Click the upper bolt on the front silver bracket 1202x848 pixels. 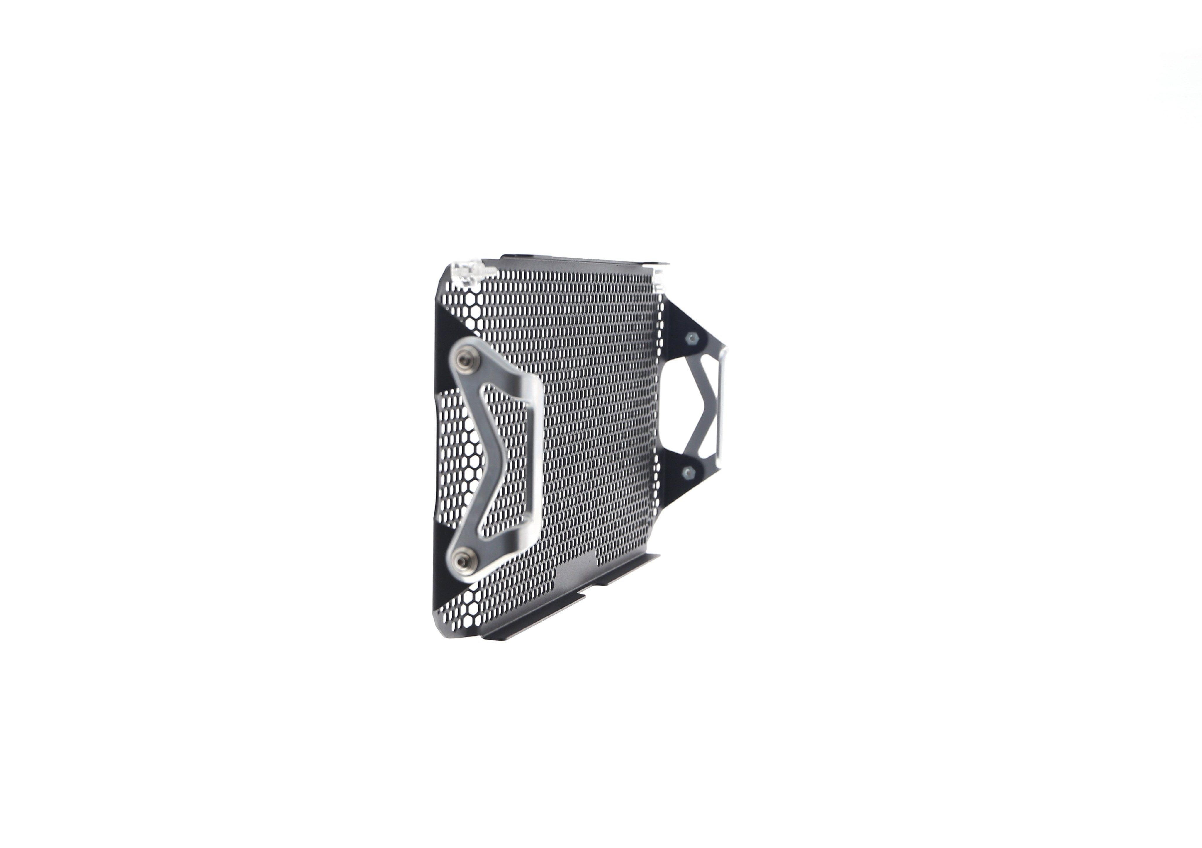click(463, 360)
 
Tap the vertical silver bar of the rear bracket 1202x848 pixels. click(721, 408)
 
